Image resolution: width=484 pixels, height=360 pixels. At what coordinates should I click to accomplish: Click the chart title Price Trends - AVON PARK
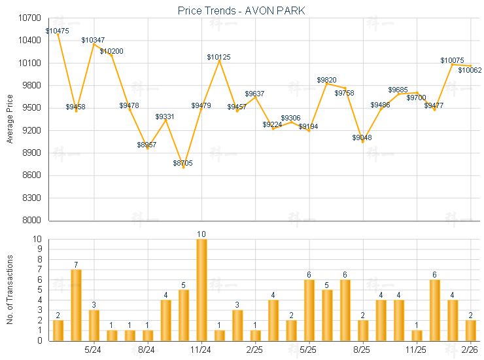(241, 10)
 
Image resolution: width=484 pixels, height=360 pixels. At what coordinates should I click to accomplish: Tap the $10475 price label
(58, 31)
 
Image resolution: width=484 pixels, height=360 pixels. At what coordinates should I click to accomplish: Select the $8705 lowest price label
(183, 163)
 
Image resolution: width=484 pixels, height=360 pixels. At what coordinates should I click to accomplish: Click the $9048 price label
(362, 137)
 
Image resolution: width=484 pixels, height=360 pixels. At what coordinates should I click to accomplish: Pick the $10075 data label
(452, 60)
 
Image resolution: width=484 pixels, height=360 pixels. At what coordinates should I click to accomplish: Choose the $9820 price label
(326, 80)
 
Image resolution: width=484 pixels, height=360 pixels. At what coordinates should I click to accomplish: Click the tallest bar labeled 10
(201, 289)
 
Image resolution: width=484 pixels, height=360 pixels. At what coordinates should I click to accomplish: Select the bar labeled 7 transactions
(76, 304)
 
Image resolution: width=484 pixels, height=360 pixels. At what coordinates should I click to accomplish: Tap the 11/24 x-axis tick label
(201, 350)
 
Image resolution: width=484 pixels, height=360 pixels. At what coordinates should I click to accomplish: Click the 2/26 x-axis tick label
(470, 350)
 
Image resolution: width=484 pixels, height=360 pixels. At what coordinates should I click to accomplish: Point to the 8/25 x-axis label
(362, 350)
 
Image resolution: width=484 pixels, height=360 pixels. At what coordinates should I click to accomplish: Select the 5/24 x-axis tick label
(94, 350)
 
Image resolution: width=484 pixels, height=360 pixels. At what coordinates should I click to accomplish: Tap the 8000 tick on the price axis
(33, 221)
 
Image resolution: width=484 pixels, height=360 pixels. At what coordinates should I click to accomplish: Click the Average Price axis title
(10, 119)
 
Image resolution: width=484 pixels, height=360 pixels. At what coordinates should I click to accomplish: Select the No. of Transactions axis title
(10, 290)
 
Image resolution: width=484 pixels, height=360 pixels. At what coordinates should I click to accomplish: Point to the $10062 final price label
(470, 70)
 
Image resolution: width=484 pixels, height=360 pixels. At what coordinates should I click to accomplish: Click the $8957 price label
(147, 145)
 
